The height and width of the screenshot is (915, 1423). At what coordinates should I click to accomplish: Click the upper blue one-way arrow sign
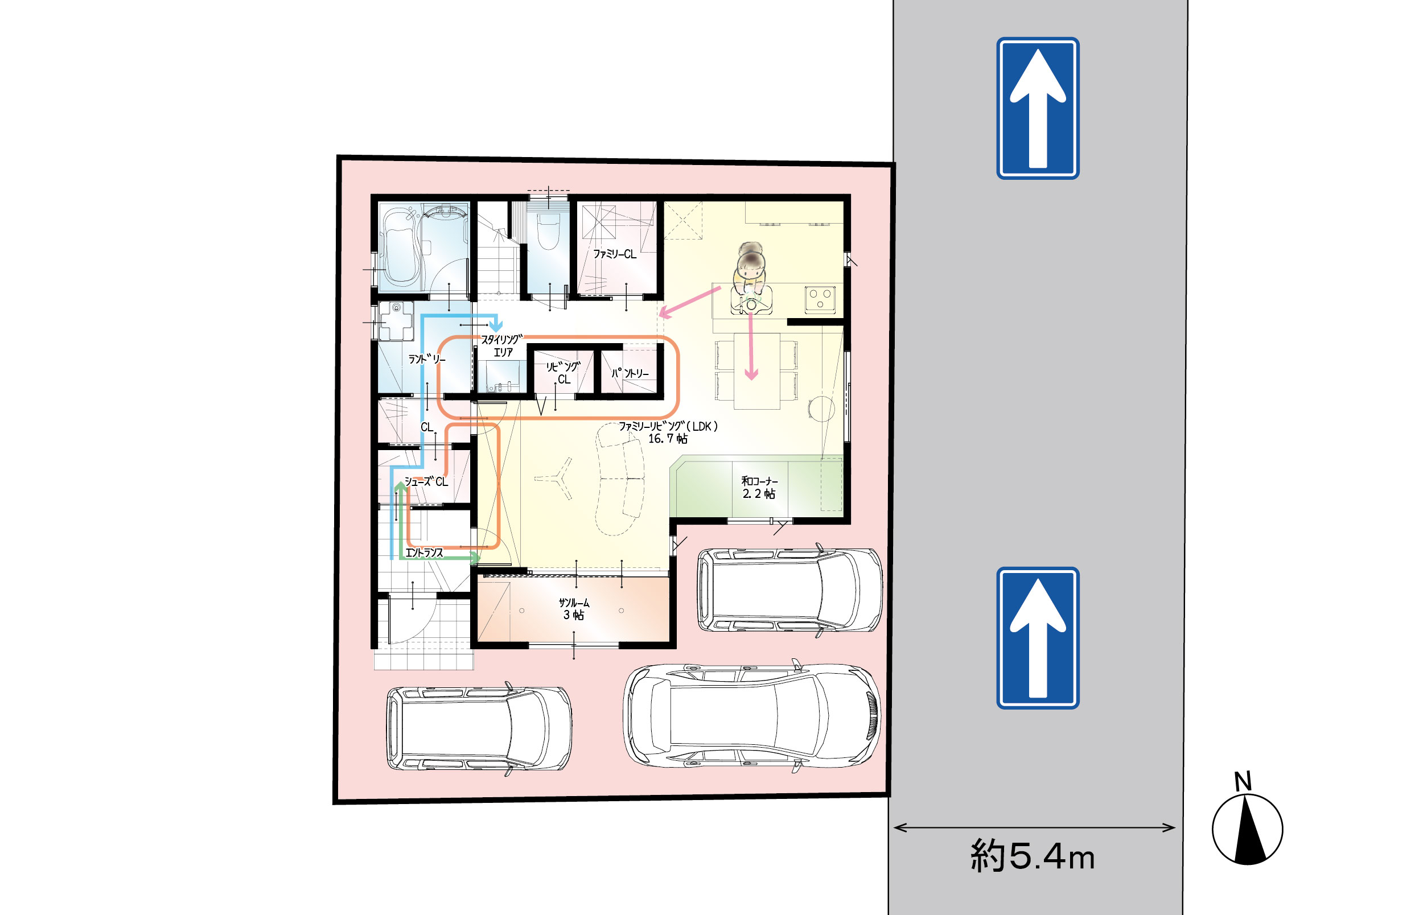[x=1038, y=108]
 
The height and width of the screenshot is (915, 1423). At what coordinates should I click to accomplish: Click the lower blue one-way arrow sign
[x=1038, y=637]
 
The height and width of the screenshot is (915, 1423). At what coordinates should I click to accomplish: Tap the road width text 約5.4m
[x=1033, y=856]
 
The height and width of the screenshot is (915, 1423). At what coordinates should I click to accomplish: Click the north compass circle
[x=1247, y=830]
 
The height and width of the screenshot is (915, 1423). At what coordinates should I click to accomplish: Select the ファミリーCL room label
[x=614, y=254]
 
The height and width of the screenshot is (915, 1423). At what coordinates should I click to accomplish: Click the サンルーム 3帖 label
[x=574, y=609]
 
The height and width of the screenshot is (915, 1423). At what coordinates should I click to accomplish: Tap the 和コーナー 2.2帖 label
[x=759, y=487]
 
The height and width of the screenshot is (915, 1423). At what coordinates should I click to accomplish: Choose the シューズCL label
[x=426, y=481]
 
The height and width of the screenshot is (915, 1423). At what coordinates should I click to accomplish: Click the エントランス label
[x=423, y=553]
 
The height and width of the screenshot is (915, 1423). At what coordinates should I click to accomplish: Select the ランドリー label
[x=426, y=359]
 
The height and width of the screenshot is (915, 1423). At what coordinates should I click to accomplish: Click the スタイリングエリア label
[x=502, y=346]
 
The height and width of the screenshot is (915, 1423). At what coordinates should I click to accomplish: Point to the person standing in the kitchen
[x=751, y=277]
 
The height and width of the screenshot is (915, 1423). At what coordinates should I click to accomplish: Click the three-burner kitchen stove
[x=820, y=299]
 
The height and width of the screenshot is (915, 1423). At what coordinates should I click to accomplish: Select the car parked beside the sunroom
[x=789, y=590]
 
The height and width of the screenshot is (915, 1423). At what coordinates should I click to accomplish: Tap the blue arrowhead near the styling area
[x=496, y=324]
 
